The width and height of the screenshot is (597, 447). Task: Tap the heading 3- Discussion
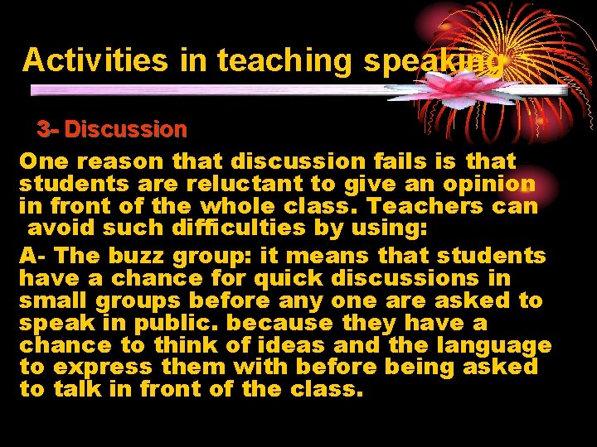pyautogui.click(x=112, y=129)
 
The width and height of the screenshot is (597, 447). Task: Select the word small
pyautogui.click(x=54, y=300)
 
